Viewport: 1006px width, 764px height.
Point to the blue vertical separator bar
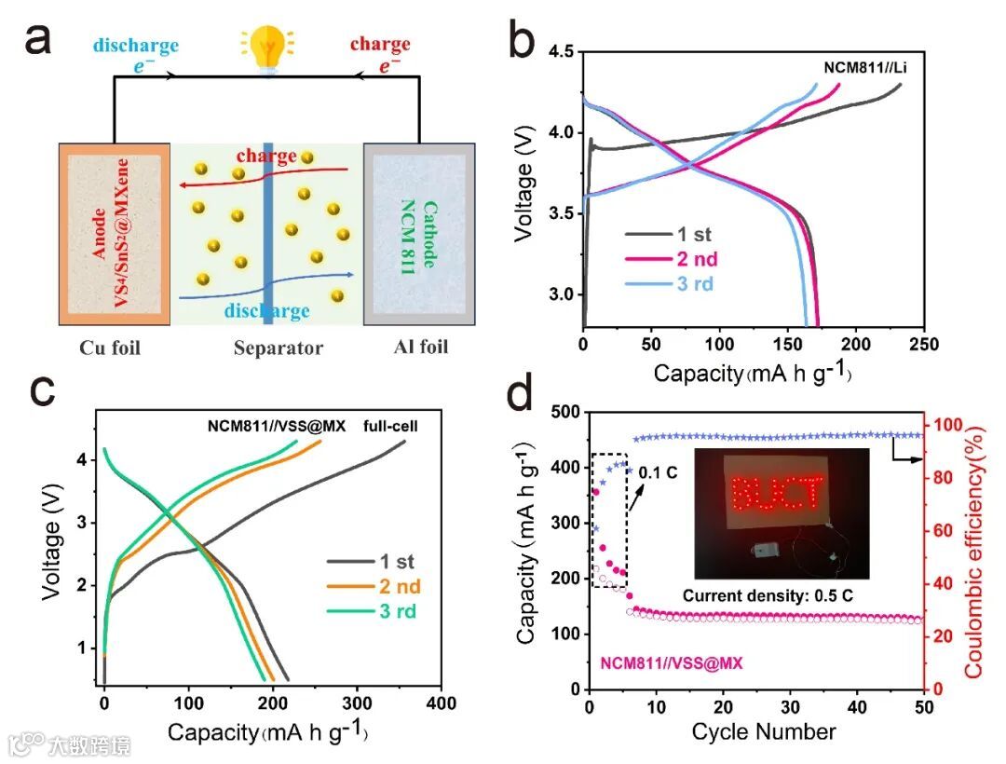267,233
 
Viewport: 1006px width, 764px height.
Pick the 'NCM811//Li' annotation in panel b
864,67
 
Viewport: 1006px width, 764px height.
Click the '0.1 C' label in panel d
658,471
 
